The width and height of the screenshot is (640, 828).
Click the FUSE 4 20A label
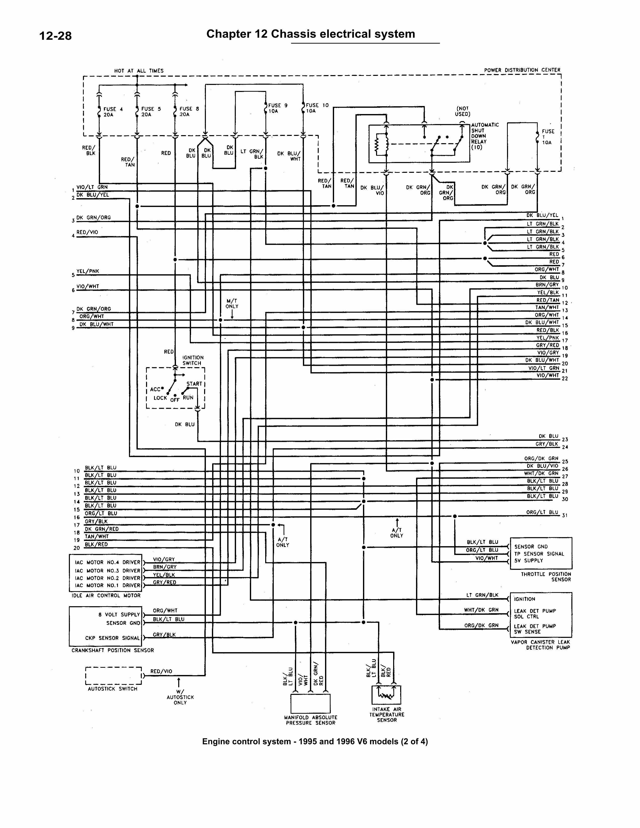(113, 112)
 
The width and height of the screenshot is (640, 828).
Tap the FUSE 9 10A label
(277, 108)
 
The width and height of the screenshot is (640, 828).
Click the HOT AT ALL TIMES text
(139, 71)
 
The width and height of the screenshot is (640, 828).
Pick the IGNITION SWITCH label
(193, 360)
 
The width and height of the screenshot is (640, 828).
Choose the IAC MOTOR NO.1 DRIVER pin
(107, 585)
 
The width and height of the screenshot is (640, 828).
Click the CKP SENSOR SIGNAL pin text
(112, 638)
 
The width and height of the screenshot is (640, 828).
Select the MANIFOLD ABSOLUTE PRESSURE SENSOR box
(310, 703)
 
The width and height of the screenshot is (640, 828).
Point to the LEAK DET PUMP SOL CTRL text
(534, 614)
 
